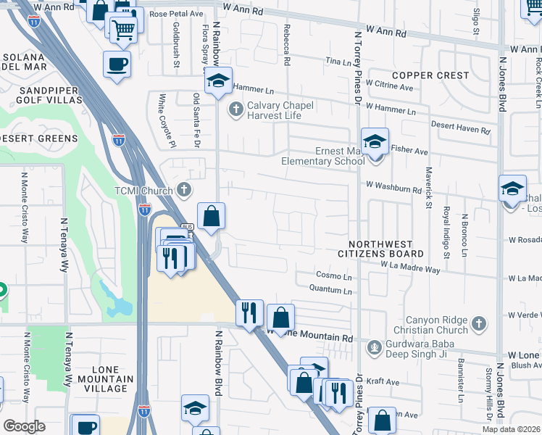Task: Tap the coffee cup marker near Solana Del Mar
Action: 117,64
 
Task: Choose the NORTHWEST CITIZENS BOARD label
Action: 380,249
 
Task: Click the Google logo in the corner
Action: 24,426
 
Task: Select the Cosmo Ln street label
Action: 334,276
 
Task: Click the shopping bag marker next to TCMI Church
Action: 211,216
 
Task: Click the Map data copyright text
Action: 511,429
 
